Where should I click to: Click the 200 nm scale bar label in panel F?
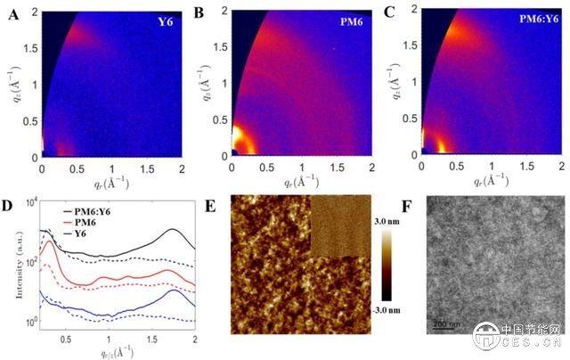tap(446, 323)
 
